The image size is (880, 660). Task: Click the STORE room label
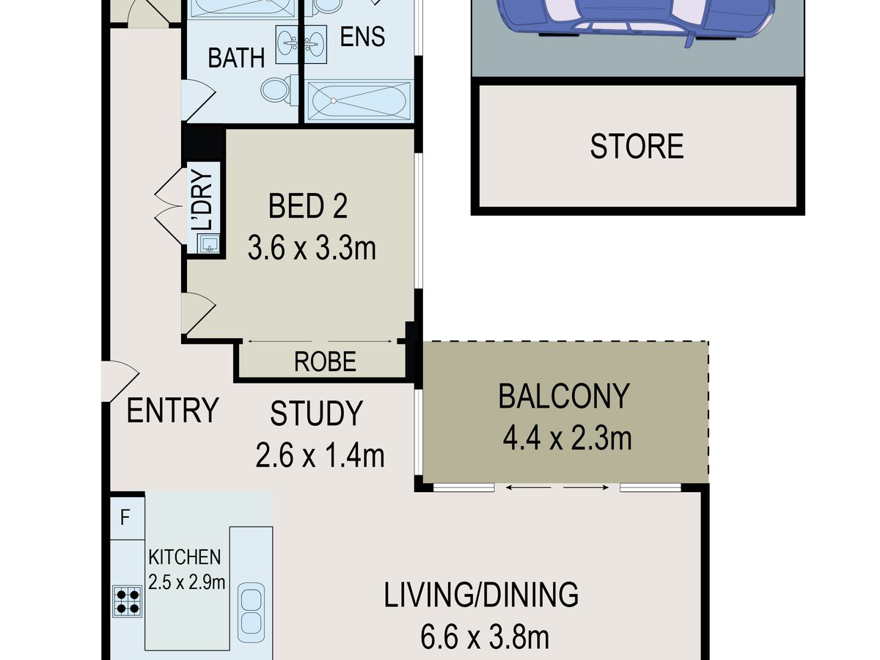[x=637, y=146]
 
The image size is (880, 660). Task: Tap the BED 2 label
[x=308, y=206]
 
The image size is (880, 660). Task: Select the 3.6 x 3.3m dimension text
[x=312, y=249]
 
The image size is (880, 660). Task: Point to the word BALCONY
[x=564, y=396]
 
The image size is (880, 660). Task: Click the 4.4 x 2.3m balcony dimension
[x=568, y=439]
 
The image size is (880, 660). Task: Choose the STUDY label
[x=316, y=414]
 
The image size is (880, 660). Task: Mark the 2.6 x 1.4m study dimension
[x=320, y=455]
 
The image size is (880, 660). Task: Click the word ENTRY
[x=172, y=410]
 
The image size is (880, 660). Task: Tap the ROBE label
[x=325, y=362]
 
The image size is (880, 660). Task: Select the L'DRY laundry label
[x=202, y=200]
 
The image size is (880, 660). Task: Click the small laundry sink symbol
[x=209, y=243]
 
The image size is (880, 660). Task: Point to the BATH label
[x=236, y=58]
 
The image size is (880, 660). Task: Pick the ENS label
[x=362, y=37]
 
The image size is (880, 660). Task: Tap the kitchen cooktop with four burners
[x=128, y=601]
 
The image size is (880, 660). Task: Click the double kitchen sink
[x=251, y=613]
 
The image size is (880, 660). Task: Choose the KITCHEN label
[x=184, y=557]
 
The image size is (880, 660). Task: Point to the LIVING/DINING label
[x=481, y=595]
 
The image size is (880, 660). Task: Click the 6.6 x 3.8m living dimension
[x=484, y=637]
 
